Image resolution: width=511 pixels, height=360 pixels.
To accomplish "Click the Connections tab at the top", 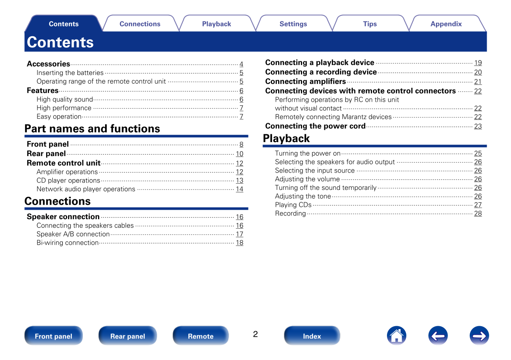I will coord(140,24).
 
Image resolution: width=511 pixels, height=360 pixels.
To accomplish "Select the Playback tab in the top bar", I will coord(216,24).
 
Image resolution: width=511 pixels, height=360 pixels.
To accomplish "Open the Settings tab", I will coord(293,24).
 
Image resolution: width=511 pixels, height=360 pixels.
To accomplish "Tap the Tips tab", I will coord(370,24).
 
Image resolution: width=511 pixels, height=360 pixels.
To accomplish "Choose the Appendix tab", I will coord(446,24).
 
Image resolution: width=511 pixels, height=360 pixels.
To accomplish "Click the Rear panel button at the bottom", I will coord(128,336).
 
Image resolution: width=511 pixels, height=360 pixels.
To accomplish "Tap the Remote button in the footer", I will coord(201,336).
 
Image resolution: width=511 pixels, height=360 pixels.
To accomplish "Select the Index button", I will coord(312,336).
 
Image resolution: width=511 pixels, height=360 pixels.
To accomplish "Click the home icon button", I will coord(396,336).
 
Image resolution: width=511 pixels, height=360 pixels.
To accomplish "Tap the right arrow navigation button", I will coord(479,336).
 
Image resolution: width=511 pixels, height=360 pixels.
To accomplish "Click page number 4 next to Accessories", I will coord(241,64).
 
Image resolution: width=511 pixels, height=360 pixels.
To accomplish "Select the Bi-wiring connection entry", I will coord(68,243).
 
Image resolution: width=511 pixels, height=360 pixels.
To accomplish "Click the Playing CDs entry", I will coord(293,205).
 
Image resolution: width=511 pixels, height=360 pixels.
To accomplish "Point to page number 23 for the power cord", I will coord(478,126).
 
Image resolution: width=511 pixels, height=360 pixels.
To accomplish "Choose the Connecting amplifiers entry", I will coord(305,82).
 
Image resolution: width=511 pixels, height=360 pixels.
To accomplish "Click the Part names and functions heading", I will coord(92,129).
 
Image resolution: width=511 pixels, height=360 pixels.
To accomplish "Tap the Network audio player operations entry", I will coord(86,189).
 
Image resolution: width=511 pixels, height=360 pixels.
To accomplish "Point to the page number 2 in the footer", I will coord(255,334).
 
